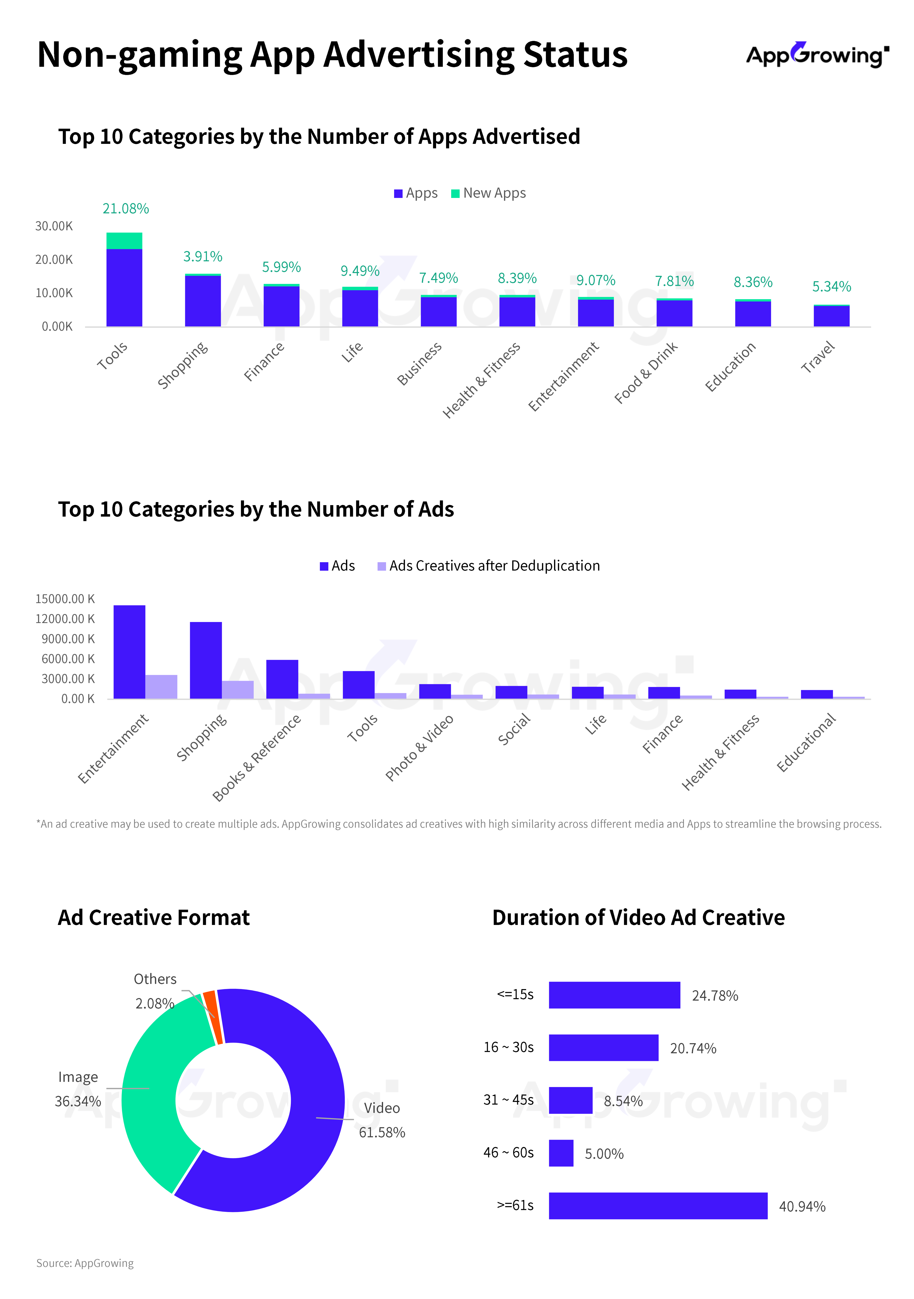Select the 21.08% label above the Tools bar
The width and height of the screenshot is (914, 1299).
pos(126,209)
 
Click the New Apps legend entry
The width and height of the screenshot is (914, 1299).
pos(489,193)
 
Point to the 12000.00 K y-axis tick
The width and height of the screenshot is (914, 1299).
pos(65,619)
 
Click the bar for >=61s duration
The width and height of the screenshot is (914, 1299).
pos(658,1206)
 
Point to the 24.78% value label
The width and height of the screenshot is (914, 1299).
pos(715,996)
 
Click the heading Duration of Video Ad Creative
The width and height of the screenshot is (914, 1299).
pos(638,918)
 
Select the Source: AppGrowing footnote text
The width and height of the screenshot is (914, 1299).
pos(85,1263)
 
